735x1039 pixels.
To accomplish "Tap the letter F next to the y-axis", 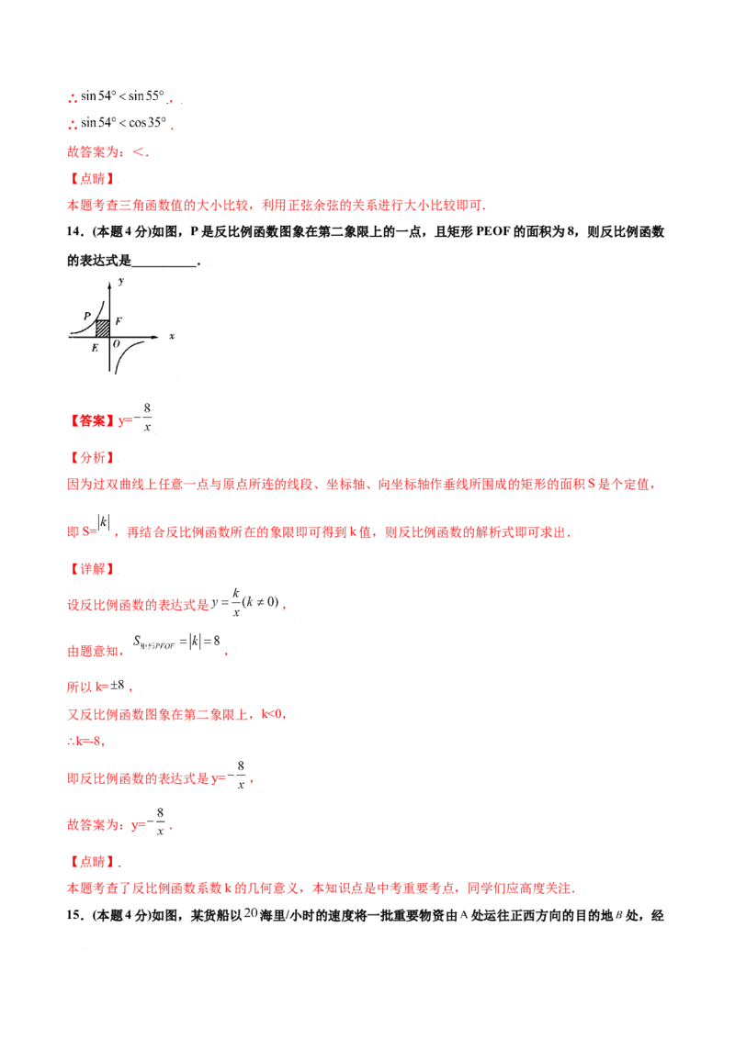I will (119, 322).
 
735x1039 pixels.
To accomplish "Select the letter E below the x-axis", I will (95, 348).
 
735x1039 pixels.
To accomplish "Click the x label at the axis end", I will (172, 337).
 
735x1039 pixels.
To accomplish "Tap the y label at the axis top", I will (121, 279).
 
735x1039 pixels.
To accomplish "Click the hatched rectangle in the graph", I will (103, 327).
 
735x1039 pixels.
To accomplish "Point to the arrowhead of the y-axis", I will (110, 278).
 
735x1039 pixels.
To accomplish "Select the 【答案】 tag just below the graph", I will (92, 420).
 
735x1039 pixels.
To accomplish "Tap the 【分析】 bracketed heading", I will (92, 457).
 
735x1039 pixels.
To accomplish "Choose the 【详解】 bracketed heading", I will (92, 569).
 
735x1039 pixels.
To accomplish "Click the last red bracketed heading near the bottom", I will (92, 863).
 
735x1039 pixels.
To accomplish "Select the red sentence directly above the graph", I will (276, 207).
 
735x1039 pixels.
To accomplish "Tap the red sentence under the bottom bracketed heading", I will (322, 888).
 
